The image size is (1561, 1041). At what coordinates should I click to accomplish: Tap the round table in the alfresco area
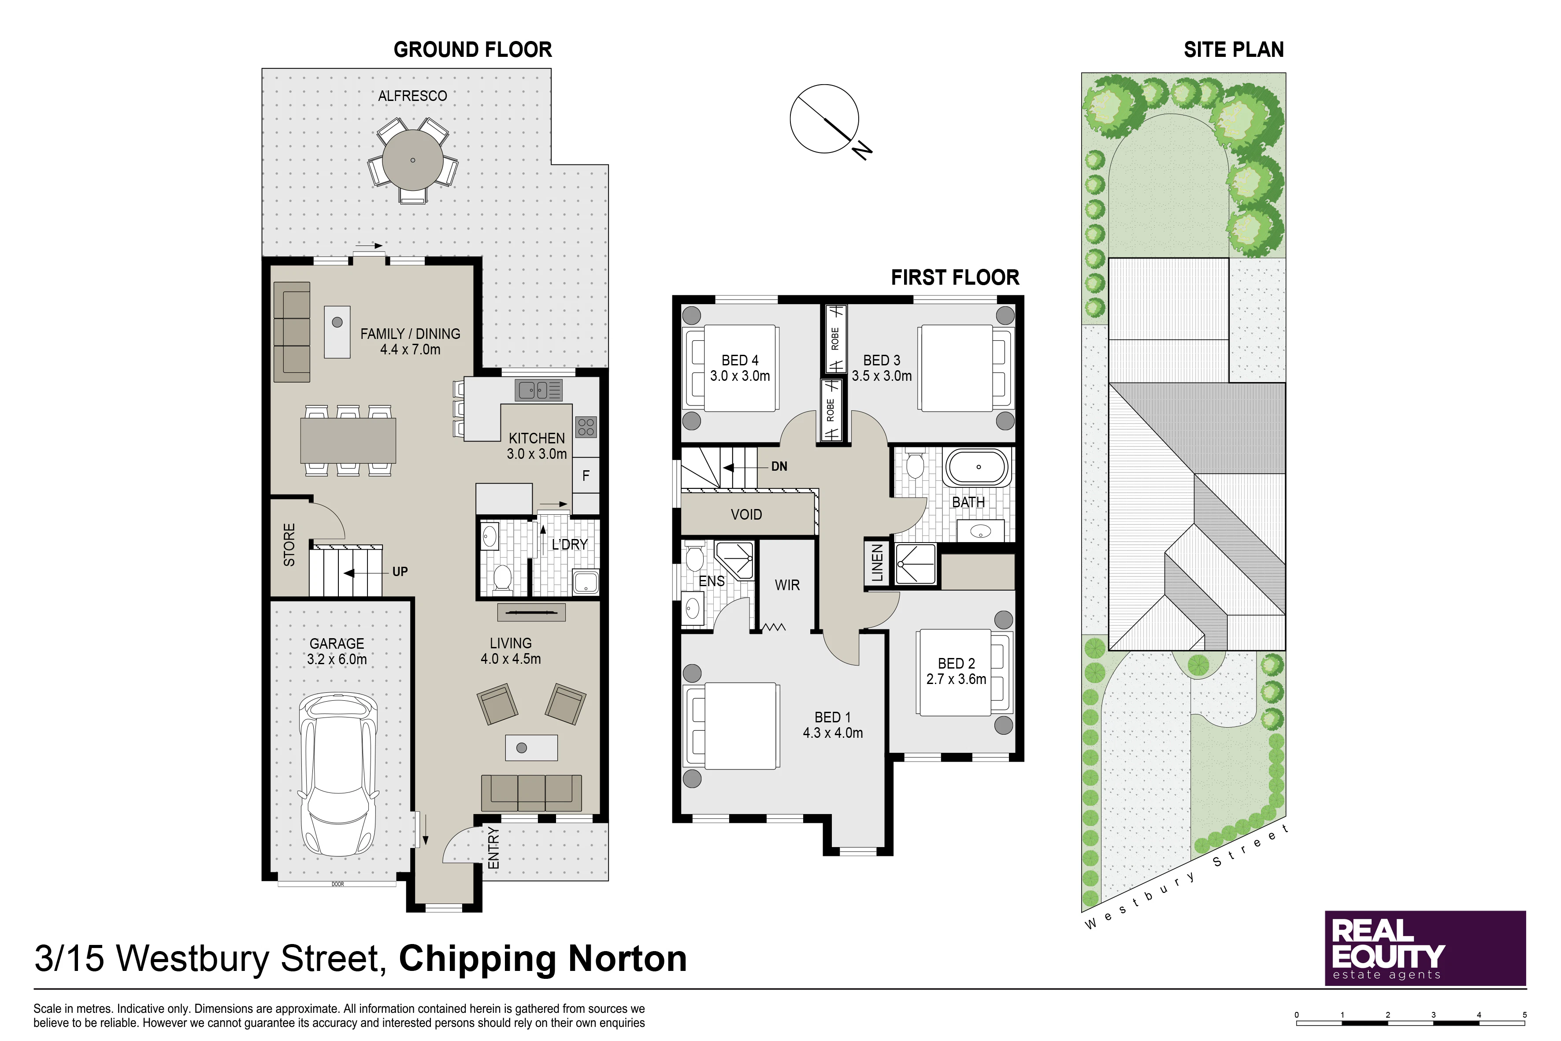tap(413, 160)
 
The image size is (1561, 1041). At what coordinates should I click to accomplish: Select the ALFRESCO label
tap(412, 96)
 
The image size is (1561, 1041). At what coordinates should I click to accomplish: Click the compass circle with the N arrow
tap(824, 119)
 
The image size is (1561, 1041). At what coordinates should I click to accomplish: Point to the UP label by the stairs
tap(400, 572)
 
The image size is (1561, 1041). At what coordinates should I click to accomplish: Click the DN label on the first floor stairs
tap(779, 467)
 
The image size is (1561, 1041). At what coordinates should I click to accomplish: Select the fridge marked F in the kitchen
tap(586, 476)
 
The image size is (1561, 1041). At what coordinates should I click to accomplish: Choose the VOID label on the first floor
tap(746, 514)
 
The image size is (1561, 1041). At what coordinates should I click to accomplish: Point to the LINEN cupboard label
tap(877, 563)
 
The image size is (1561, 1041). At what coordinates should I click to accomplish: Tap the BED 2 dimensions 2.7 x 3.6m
tap(957, 679)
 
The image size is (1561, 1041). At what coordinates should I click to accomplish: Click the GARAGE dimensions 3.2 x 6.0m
tap(337, 659)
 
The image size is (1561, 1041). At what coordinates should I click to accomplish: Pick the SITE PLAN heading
tap(1234, 50)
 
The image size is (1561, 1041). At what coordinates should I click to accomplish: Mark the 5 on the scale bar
tap(1524, 1015)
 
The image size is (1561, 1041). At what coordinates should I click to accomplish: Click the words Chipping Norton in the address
tap(542, 959)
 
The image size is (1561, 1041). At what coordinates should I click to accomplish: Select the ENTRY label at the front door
tap(493, 848)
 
